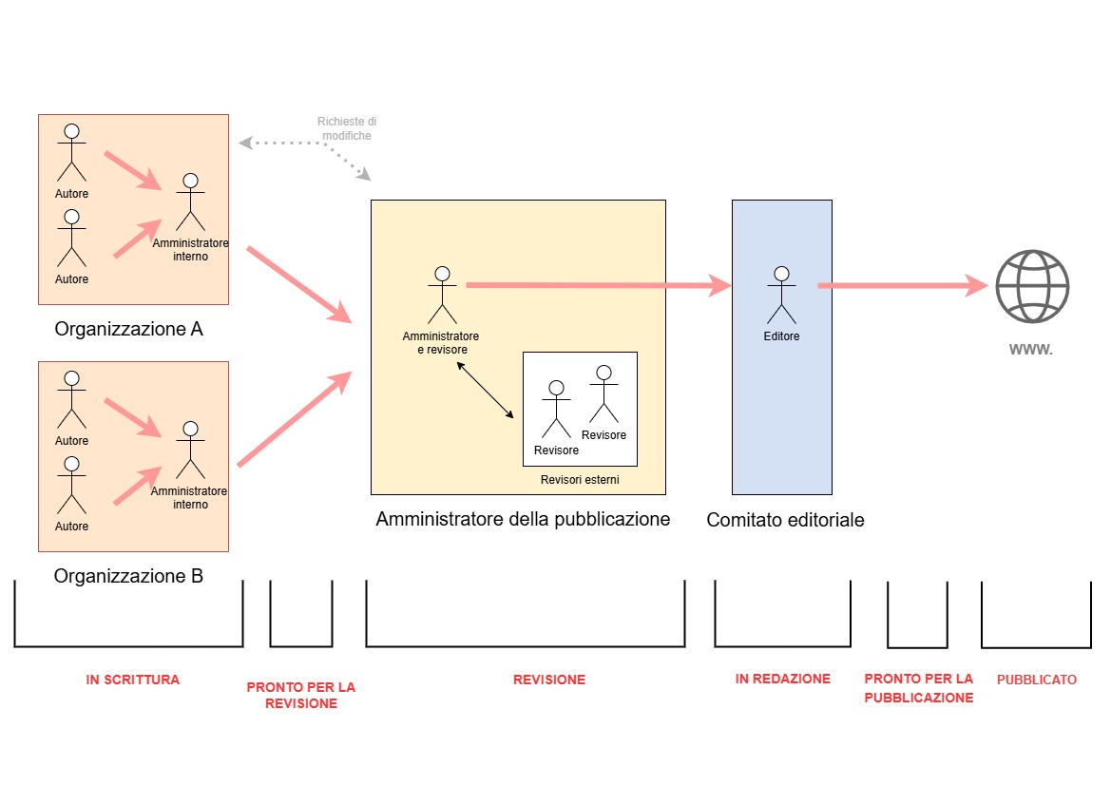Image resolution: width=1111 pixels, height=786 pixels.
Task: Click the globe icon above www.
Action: [x=1032, y=286]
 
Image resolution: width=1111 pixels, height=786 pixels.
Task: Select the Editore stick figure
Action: [x=781, y=295]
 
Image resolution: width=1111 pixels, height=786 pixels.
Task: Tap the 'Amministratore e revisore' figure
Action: [x=442, y=295]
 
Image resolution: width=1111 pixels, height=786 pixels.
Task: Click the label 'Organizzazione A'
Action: [x=129, y=329]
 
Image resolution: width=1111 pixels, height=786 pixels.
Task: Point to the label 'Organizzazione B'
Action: [x=129, y=576]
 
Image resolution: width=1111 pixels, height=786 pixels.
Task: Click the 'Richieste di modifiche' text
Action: [x=347, y=128]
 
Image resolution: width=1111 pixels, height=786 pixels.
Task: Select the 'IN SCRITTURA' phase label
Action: [x=132, y=680]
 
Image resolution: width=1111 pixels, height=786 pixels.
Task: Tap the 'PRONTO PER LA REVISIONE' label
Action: [x=301, y=696]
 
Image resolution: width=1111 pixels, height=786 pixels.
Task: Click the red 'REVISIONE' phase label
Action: [x=549, y=680]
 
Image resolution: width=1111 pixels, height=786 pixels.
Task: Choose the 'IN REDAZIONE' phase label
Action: [x=783, y=679]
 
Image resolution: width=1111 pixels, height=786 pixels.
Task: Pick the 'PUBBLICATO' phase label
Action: [x=1037, y=680]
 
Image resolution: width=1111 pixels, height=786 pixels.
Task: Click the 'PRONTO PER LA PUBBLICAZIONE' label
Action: [x=919, y=688]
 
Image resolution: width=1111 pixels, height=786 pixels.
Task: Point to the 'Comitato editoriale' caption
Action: [x=785, y=520]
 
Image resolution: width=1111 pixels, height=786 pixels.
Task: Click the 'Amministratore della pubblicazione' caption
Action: [x=523, y=520]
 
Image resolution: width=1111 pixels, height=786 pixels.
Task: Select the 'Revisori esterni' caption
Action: [x=580, y=480]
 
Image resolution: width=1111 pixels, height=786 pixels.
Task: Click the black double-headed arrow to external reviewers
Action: [x=486, y=391]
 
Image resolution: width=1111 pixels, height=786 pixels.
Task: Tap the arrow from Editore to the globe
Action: [x=903, y=286]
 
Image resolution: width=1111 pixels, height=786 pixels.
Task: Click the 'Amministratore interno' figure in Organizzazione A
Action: [x=191, y=202]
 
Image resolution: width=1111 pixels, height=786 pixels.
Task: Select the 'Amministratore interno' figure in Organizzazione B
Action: [x=191, y=451]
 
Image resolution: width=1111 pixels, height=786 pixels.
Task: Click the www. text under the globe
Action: [x=1031, y=349]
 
